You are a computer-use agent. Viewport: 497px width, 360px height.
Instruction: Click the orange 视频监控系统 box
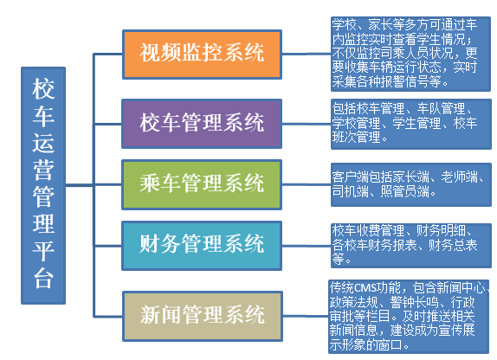click(x=202, y=55)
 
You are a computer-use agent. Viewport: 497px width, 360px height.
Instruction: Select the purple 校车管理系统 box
click(x=202, y=124)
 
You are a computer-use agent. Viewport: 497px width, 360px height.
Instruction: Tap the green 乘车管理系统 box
click(x=202, y=184)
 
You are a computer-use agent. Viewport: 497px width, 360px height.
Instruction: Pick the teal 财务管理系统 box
click(x=202, y=246)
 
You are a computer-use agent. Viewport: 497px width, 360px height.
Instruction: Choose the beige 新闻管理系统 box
click(x=203, y=316)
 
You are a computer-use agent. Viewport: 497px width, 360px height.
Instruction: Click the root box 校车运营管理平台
click(x=43, y=185)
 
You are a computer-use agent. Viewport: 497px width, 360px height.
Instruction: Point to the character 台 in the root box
click(x=43, y=279)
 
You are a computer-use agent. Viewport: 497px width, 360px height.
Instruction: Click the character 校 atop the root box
click(x=43, y=89)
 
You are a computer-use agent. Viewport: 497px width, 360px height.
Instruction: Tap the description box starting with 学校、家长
click(x=410, y=54)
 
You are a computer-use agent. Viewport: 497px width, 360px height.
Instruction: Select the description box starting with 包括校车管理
click(x=411, y=124)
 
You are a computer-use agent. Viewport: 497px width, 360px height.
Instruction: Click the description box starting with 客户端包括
click(x=411, y=184)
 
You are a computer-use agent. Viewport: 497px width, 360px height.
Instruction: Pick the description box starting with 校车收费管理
click(x=411, y=246)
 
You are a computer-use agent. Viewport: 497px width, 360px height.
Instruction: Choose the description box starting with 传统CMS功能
click(x=409, y=316)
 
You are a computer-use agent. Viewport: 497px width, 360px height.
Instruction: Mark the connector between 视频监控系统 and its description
click(x=307, y=54)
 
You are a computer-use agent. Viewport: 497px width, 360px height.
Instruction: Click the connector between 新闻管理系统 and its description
click(x=306, y=316)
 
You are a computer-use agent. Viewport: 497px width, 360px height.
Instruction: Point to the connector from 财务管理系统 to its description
click(x=307, y=246)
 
